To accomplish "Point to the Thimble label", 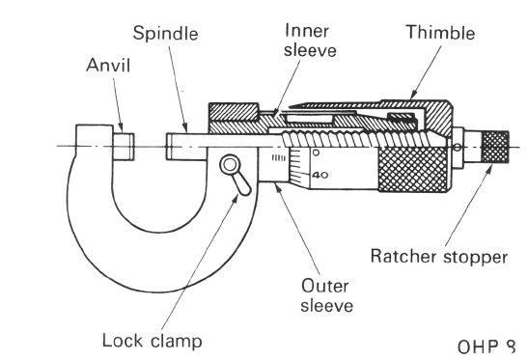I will pos(438,33).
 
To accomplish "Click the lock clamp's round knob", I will pos(232,165).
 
